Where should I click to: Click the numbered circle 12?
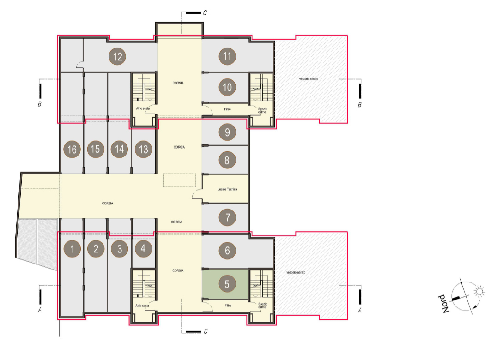117,57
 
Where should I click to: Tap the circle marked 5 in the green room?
227,284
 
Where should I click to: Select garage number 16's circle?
72,149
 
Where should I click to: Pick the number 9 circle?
227,132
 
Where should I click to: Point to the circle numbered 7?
227,217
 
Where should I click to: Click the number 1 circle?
72,249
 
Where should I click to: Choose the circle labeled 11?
227,56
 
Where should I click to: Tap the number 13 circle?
144,149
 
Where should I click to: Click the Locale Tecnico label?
227,189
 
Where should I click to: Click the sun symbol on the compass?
479,291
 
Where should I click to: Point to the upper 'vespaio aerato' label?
309,79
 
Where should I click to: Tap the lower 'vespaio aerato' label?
296,272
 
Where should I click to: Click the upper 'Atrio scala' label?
143,108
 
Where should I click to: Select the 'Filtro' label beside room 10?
228,109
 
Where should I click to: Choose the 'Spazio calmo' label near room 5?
262,306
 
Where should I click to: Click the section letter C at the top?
205,12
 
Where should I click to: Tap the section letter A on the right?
360,310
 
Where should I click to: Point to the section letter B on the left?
40,104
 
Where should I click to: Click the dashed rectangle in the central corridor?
179,180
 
